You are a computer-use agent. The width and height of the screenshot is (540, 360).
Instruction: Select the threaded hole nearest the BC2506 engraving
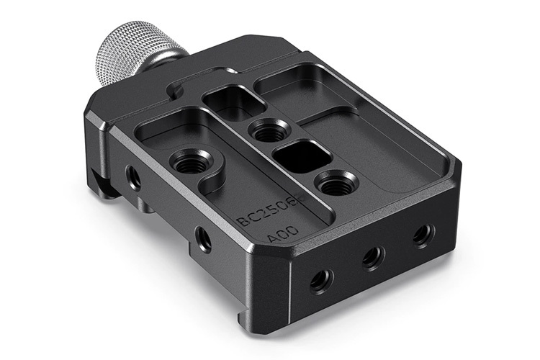(191, 161)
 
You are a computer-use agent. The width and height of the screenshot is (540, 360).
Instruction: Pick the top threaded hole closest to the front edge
(335, 184)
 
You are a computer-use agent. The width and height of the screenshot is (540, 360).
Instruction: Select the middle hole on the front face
(372, 256)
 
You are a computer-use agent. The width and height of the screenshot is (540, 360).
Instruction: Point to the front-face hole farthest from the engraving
(423, 235)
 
